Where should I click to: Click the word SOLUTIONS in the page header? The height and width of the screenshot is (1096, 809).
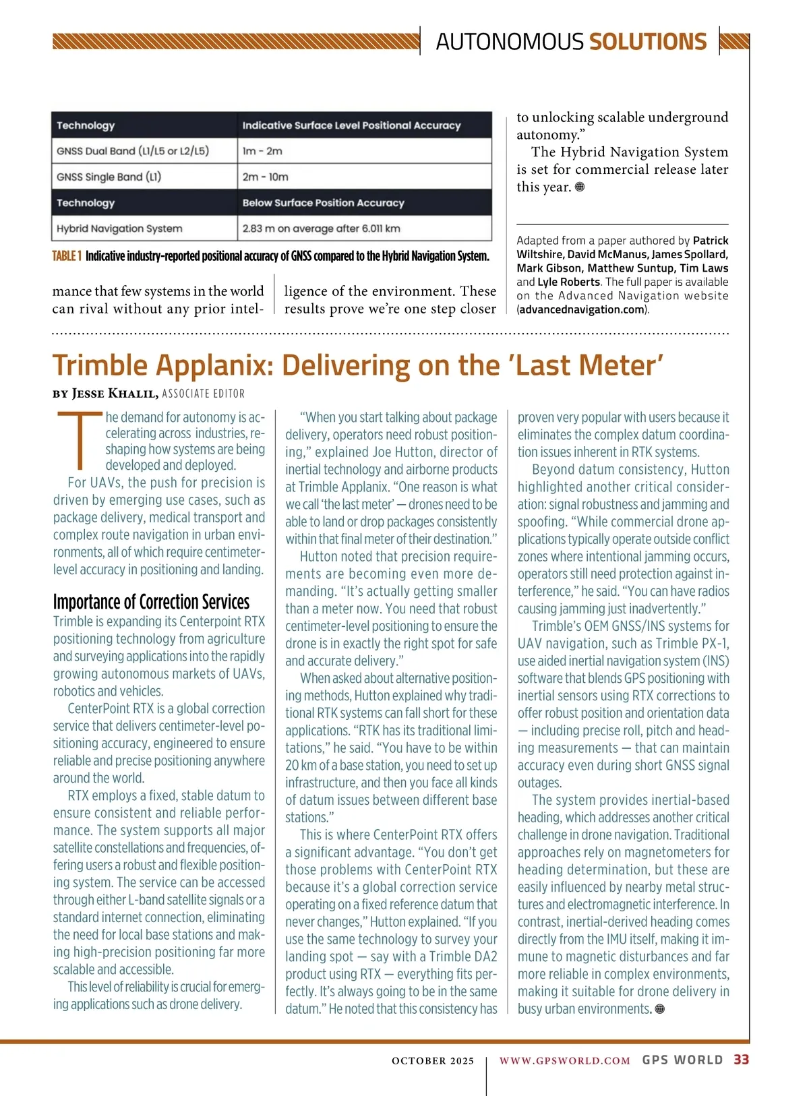(648, 42)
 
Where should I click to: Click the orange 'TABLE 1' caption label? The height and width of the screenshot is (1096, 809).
(67, 256)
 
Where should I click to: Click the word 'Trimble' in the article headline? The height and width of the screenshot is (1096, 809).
(100, 365)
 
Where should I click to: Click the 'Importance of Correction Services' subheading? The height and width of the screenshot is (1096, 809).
(151, 602)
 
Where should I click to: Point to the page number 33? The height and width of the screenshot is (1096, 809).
(741, 1060)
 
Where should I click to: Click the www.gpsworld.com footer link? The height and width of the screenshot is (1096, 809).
(564, 1060)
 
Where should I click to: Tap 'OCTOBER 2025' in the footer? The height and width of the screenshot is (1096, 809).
(433, 1060)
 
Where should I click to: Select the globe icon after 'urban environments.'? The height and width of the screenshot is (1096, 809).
(660, 1009)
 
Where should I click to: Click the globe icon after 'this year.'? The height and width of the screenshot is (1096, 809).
(580, 187)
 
